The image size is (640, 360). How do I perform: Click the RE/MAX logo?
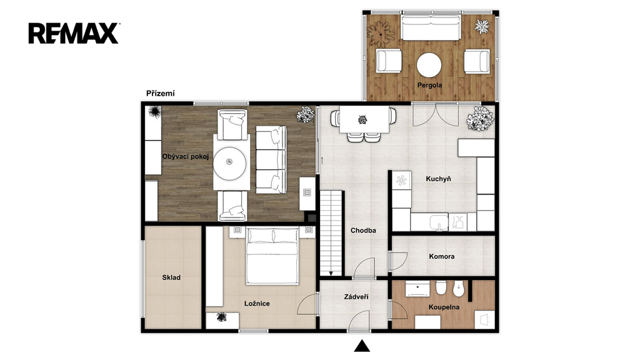pyautogui.click(x=74, y=33)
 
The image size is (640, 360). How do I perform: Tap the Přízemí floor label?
pyautogui.click(x=161, y=94)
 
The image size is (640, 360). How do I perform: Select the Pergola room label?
pyautogui.click(x=429, y=85)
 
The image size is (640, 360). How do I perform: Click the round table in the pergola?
pyautogui.click(x=429, y=65)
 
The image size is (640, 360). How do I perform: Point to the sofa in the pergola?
pyautogui.click(x=431, y=27)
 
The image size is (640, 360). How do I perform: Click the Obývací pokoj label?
pyautogui.click(x=186, y=156)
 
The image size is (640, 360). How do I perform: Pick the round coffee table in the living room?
pyautogui.click(x=230, y=163)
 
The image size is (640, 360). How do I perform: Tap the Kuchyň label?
pyautogui.click(x=438, y=179)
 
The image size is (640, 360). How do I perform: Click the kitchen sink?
pyautogui.click(x=439, y=222)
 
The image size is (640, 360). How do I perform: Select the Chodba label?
pyautogui.click(x=363, y=231)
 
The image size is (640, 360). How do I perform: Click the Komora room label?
pyautogui.click(x=442, y=257)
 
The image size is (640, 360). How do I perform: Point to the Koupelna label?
pyautogui.click(x=444, y=307)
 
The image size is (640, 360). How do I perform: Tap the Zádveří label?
pyautogui.click(x=356, y=297)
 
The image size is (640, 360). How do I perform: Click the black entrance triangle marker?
pyautogui.click(x=362, y=346)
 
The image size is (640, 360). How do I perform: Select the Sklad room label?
pyautogui.click(x=171, y=277)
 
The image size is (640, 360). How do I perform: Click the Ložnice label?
pyautogui.click(x=257, y=304)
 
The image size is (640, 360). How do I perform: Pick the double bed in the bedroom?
pyautogui.click(x=272, y=256)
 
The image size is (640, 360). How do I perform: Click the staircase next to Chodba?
pyautogui.click(x=331, y=233)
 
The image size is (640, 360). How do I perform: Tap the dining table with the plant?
pyautogui.click(x=364, y=119)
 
